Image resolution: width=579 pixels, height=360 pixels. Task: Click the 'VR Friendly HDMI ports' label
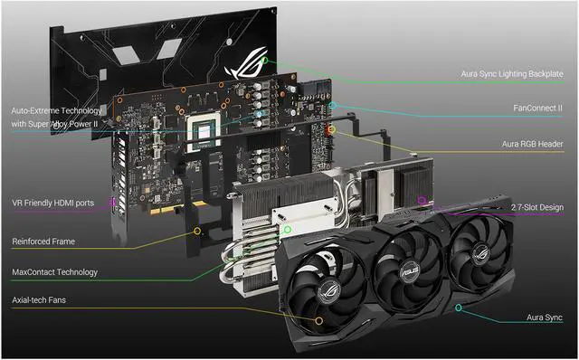[52, 203]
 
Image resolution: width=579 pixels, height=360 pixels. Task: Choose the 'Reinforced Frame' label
[43, 242]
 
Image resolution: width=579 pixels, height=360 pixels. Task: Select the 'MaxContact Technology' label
[54, 271]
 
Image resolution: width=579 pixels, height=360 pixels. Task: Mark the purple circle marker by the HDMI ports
[112, 203]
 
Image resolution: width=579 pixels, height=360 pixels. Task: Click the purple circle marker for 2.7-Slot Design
[422, 199]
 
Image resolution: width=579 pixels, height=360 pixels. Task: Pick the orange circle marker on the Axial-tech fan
[318, 319]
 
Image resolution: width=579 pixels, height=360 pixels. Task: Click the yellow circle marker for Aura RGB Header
[331, 130]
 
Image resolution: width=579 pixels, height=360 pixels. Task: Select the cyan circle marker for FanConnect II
[334, 106]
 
